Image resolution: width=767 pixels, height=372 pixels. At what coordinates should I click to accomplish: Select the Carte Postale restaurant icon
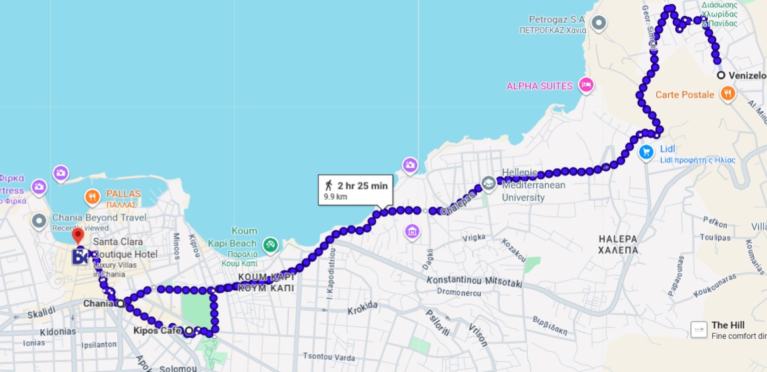point(727,94)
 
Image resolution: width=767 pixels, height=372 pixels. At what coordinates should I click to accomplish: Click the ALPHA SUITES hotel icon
point(585,85)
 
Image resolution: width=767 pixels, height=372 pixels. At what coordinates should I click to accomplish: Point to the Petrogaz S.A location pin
point(598,24)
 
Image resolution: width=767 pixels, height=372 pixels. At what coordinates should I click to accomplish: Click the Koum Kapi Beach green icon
point(270,245)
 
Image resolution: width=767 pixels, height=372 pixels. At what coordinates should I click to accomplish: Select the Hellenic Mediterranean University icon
point(488,183)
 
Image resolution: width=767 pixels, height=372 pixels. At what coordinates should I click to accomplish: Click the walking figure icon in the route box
point(328,185)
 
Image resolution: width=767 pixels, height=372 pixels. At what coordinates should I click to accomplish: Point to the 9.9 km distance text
point(335,197)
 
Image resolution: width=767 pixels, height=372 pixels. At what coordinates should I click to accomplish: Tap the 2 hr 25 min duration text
point(362,185)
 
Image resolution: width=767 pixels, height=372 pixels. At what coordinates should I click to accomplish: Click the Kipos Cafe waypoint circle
point(189,330)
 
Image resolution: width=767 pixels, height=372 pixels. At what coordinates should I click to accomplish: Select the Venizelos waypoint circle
point(721,75)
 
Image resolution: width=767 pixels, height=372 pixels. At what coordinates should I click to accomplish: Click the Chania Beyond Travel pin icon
point(40,220)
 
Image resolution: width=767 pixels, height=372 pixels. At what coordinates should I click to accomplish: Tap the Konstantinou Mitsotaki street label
point(474,282)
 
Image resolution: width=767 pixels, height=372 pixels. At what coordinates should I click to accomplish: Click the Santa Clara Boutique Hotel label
point(125,248)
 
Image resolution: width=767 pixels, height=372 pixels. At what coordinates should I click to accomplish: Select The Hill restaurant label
point(728,325)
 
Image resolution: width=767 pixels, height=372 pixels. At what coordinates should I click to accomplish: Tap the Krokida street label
point(362,307)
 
